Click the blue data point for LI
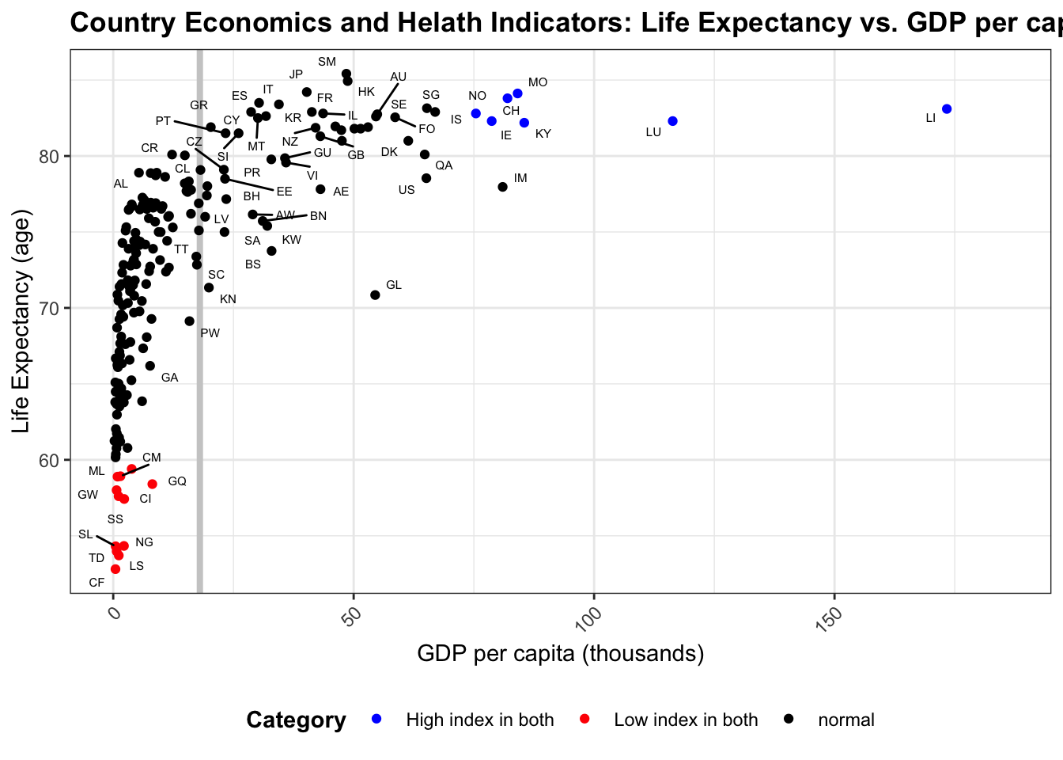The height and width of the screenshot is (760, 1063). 947,109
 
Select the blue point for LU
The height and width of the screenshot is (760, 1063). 673,121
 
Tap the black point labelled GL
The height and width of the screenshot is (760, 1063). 375,295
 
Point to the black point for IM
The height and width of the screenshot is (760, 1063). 502,187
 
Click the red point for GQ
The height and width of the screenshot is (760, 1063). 153,484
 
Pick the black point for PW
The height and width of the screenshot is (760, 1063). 189,321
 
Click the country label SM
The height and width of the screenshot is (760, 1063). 327,62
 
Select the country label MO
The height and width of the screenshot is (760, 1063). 538,82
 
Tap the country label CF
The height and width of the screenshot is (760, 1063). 96,583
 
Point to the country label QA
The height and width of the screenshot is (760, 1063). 444,165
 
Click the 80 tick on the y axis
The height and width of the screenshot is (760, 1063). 49,156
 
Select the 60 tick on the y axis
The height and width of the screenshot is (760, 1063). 49,461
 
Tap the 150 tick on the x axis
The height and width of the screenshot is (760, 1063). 827,618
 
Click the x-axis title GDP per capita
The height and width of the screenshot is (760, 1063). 560,654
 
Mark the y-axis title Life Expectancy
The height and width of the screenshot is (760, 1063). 21,321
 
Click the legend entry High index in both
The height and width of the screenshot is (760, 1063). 479,720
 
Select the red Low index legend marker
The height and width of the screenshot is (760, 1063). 584,719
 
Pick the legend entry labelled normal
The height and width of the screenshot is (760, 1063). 845,720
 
